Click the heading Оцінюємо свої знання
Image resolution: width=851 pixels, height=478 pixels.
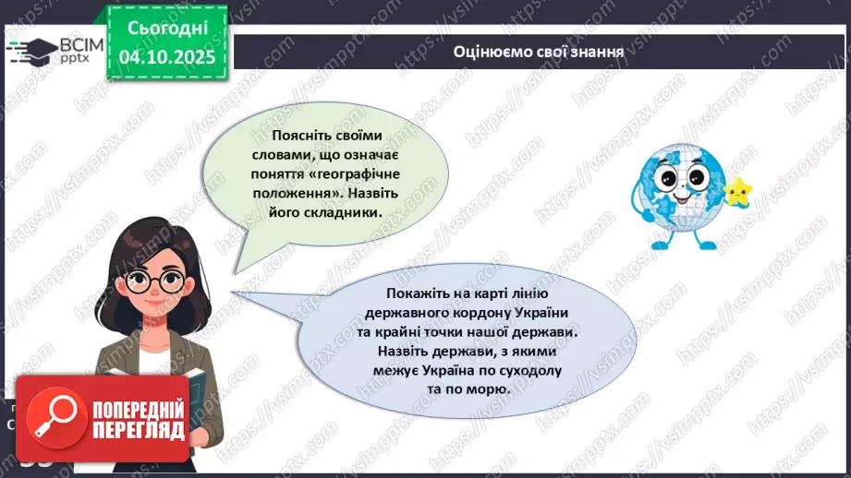(539, 51)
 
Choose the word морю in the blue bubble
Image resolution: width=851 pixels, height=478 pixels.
(487, 390)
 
